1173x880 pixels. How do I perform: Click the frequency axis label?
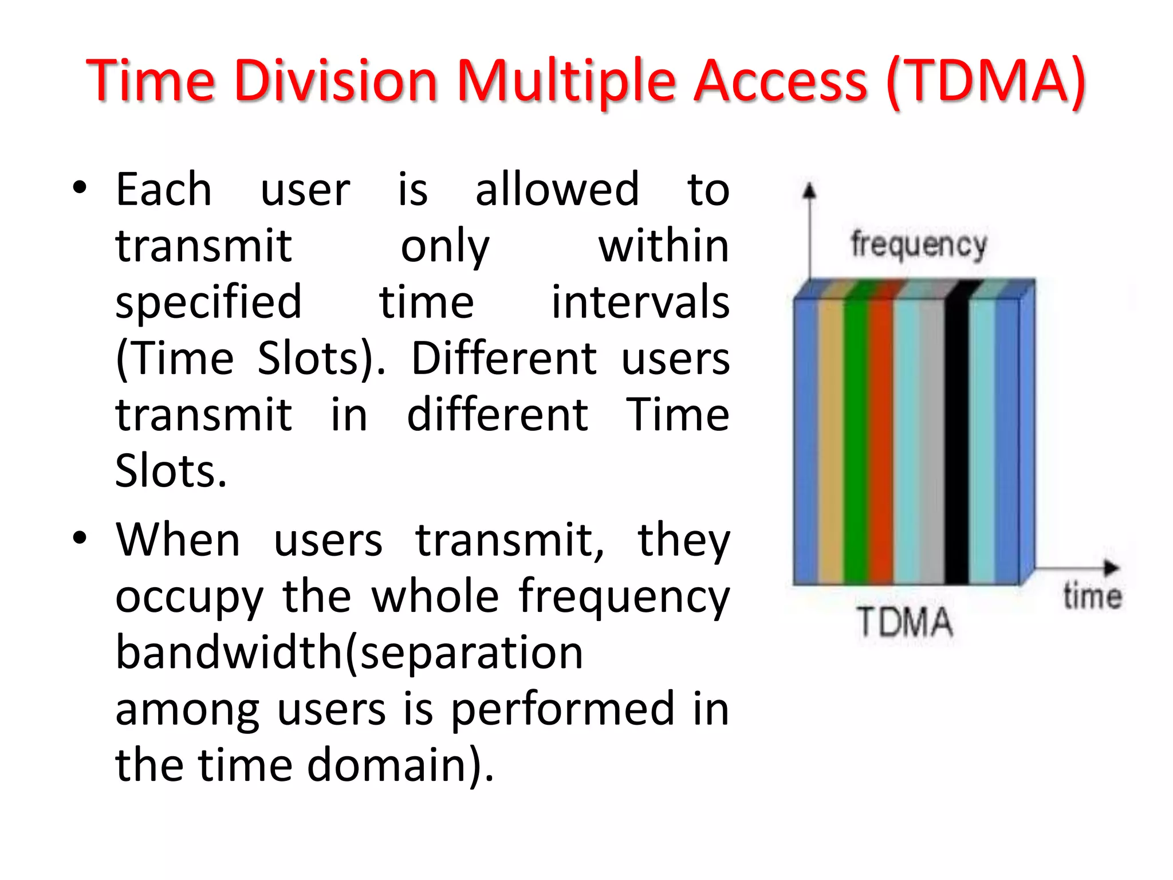(919, 245)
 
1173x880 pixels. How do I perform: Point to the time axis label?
(1092, 595)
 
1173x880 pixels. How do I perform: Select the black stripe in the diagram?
(956, 441)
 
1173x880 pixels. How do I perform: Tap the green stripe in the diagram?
(855, 441)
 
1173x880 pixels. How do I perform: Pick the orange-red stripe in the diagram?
(880, 441)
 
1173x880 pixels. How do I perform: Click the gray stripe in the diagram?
(932, 441)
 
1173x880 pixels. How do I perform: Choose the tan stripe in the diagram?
(830, 441)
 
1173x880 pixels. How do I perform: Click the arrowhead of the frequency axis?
(809, 191)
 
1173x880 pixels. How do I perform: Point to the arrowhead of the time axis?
(1111, 568)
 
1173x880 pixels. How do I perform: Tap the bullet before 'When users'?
(80, 539)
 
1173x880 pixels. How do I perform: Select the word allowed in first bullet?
(557, 190)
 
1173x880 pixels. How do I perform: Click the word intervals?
(640, 302)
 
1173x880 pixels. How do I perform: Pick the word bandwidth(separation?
(349, 653)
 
